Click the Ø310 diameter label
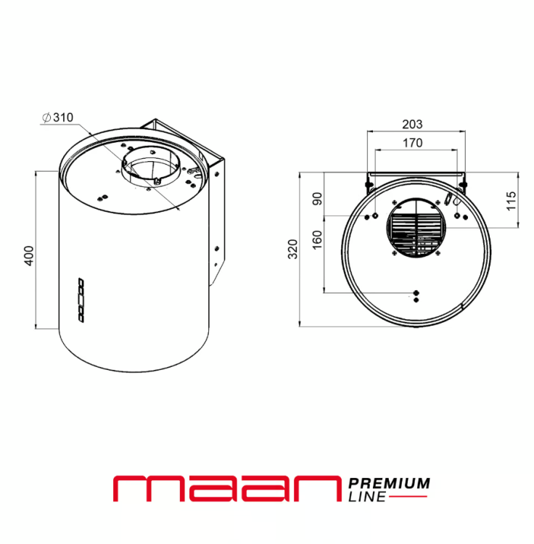tap(58, 118)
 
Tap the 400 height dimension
tap(29, 256)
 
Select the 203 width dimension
tap(412, 124)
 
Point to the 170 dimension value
tap(413, 143)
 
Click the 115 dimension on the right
tap(511, 200)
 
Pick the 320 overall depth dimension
tap(293, 249)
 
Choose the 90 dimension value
tap(317, 199)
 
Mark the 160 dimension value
tap(317, 239)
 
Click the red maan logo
tap(227, 488)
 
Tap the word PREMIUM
tap(389, 483)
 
